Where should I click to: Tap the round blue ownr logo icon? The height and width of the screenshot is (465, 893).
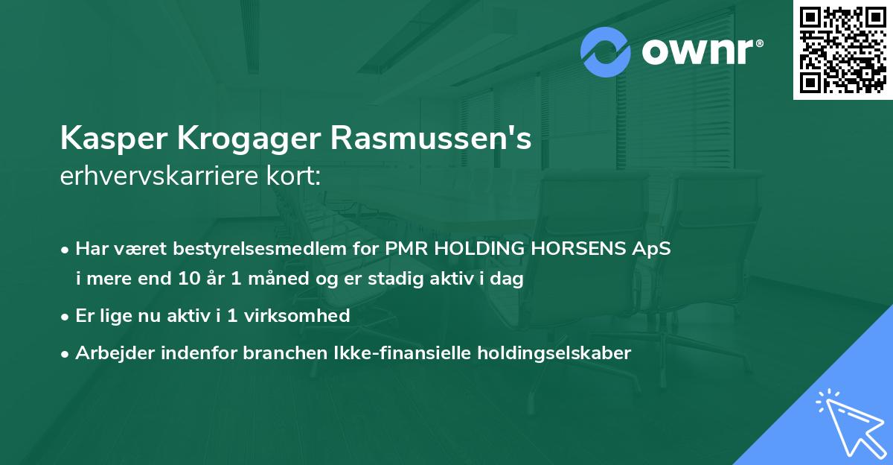[x=606, y=51]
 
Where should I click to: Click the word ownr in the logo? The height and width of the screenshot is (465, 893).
[x=697, y=52]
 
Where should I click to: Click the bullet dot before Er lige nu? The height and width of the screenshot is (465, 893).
[x=66, y=316]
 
